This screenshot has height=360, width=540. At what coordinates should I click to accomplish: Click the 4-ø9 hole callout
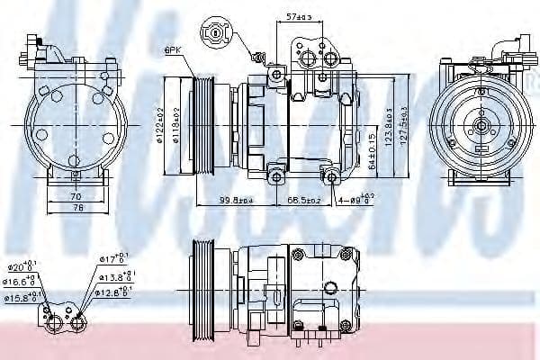point(355,200)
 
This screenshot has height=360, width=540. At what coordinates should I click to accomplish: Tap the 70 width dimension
point(76,195)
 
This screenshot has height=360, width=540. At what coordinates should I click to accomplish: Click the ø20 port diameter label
point(21,267)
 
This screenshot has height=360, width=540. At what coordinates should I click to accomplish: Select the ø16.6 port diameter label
point(21,282)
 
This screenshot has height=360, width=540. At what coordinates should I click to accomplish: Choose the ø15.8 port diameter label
point(21,296)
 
